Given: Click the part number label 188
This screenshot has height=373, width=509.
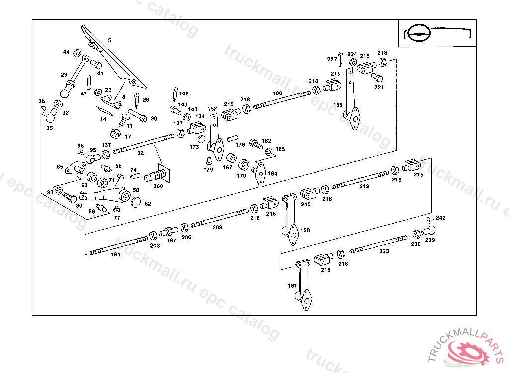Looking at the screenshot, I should pyautogui.click(x=277, y=93).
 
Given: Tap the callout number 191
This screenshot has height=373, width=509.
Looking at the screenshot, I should pyautogui.click(x=115, y=254).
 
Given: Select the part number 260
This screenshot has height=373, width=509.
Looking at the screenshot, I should pyautogui.click(x=158, y=186).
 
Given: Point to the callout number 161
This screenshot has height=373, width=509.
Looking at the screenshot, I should pyautogui.click(x=292, y=286).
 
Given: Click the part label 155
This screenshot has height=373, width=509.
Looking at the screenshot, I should pyautogui.click(x=338, y=105).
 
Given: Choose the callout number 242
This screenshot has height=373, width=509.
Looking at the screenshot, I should pyautogui.click(x=441, y=218).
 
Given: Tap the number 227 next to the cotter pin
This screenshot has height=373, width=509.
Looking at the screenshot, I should pyautogui.click(x=332, y=59).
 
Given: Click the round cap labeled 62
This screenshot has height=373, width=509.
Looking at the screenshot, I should pyautogui.click(x=136, y=202).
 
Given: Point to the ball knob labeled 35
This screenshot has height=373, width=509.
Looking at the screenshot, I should pyautogui.click(x=50, y=118).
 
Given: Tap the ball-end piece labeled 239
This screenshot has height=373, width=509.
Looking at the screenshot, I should pyautogui.click(x=429, y=231).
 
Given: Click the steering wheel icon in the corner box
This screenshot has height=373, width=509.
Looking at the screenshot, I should pyautogui.click(x=417, y=33).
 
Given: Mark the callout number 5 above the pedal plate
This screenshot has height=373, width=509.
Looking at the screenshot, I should pyautogui.click(x=110, y=40).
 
